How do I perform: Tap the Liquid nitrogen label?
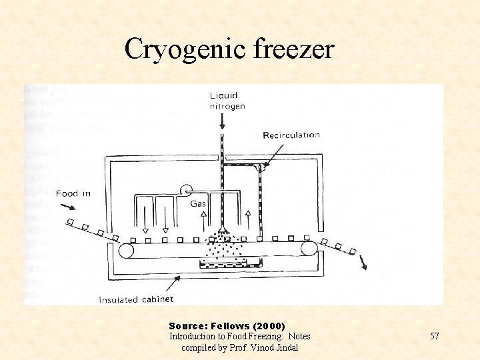[227, 101]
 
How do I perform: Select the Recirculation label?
[291, 135]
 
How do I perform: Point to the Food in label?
[73, 193]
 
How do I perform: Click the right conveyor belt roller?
[308, 249]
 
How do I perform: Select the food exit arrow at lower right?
[363, 264]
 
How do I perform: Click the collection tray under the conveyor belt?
[230, 265]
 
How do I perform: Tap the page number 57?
[434, 336]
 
